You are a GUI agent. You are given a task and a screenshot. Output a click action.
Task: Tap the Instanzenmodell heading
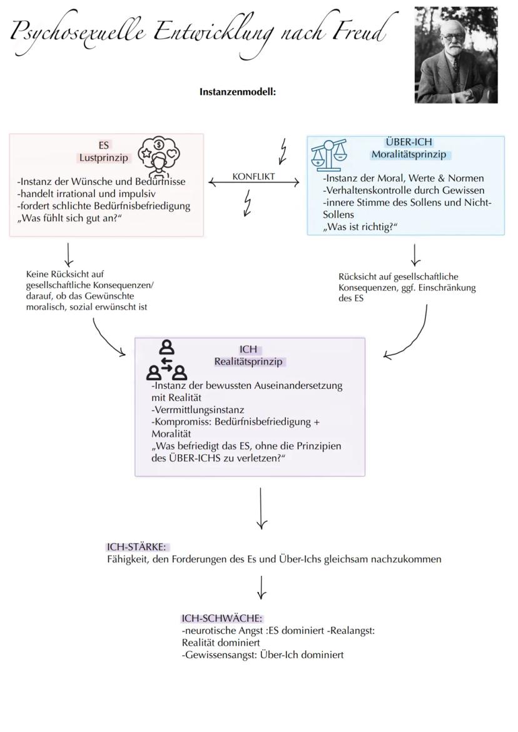coord(238,91)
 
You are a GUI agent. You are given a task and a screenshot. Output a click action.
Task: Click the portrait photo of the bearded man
coord(456,55)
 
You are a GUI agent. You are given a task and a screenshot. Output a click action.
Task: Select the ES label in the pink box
coord(103,145)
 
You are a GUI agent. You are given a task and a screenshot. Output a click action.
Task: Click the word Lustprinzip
coord(103,158)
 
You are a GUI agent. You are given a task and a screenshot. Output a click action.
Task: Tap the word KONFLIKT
coord(253,176)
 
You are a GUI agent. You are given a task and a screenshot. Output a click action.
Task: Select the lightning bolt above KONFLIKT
coord(284,151)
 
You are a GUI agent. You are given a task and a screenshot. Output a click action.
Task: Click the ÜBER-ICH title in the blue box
coord(409,143)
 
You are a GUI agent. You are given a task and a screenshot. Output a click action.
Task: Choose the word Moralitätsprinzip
coord(409,154)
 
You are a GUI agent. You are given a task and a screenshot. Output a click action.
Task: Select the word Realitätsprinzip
coord(248,361)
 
